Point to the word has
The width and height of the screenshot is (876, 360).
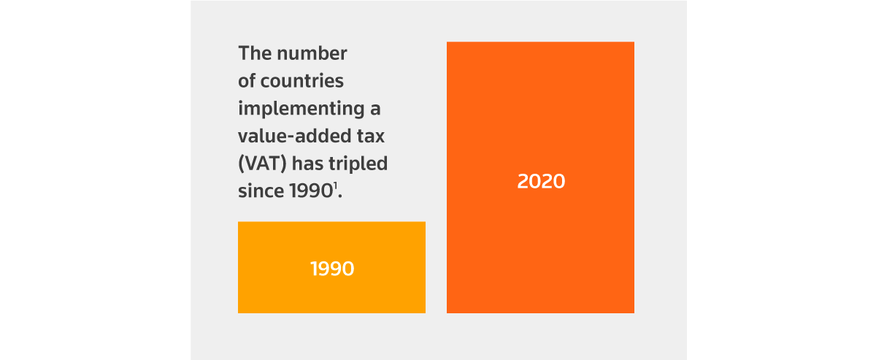point(310,164)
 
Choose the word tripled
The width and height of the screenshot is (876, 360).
point(361,164)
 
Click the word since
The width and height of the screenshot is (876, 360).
point(258,191)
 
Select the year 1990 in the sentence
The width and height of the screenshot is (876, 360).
point(308,191)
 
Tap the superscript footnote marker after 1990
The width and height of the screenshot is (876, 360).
point(336,186)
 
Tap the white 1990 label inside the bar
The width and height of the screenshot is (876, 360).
point(332,269)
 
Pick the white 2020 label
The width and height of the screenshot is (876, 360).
point(541,182)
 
